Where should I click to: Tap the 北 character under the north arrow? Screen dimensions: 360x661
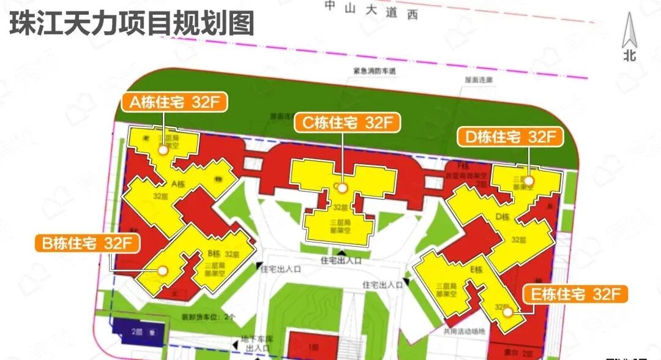click(630, 56)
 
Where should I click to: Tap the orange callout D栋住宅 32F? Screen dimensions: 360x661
click(510, 137)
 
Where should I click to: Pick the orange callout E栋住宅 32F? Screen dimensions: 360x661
click(575, 294)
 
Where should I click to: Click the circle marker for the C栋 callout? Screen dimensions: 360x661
click(342, 188)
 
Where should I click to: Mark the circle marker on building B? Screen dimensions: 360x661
click(163, 270)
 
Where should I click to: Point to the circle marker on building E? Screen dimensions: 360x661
click(507, 312)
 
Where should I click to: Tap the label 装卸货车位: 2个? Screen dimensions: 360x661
click(209, 318)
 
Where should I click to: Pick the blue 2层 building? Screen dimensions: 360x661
click(138, 332)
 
